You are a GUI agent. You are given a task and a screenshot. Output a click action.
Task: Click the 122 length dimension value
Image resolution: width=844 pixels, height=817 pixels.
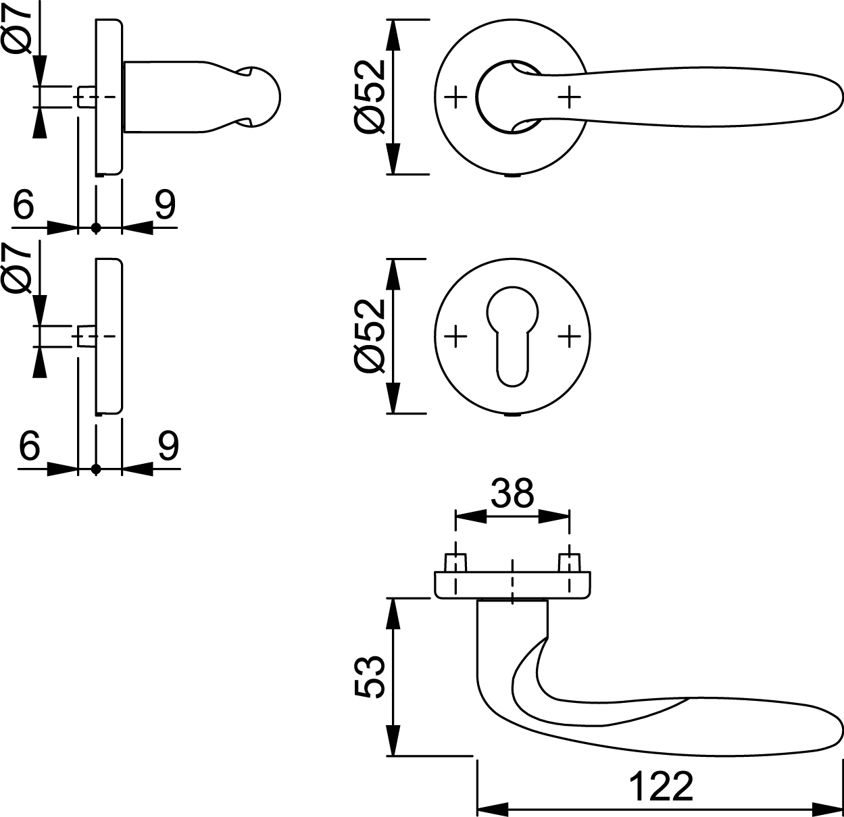tap(661, 785)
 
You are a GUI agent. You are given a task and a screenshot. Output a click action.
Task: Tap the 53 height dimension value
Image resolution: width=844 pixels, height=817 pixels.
tap(370, 677)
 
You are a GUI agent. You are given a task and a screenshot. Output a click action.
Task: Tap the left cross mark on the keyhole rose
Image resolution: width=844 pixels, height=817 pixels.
tap(457, 335)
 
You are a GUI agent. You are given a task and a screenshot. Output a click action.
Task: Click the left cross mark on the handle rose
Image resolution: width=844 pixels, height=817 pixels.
tap(457, 97)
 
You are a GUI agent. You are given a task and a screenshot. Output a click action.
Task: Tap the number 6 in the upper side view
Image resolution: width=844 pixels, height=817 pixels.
tap(24, 205)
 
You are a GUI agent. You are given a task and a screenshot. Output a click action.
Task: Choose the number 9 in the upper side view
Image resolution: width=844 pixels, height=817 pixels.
tap(165, 205)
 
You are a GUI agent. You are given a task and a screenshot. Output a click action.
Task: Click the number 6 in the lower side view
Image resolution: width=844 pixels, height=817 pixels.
tap(30, 445)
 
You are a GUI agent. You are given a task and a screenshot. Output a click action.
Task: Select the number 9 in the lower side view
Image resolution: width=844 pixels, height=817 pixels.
tap(168, 445)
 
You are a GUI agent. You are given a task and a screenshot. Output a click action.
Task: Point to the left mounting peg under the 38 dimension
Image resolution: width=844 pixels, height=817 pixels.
tap(455, 562)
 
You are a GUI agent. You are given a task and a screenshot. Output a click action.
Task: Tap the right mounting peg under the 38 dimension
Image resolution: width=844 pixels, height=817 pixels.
tap(569, 562)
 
